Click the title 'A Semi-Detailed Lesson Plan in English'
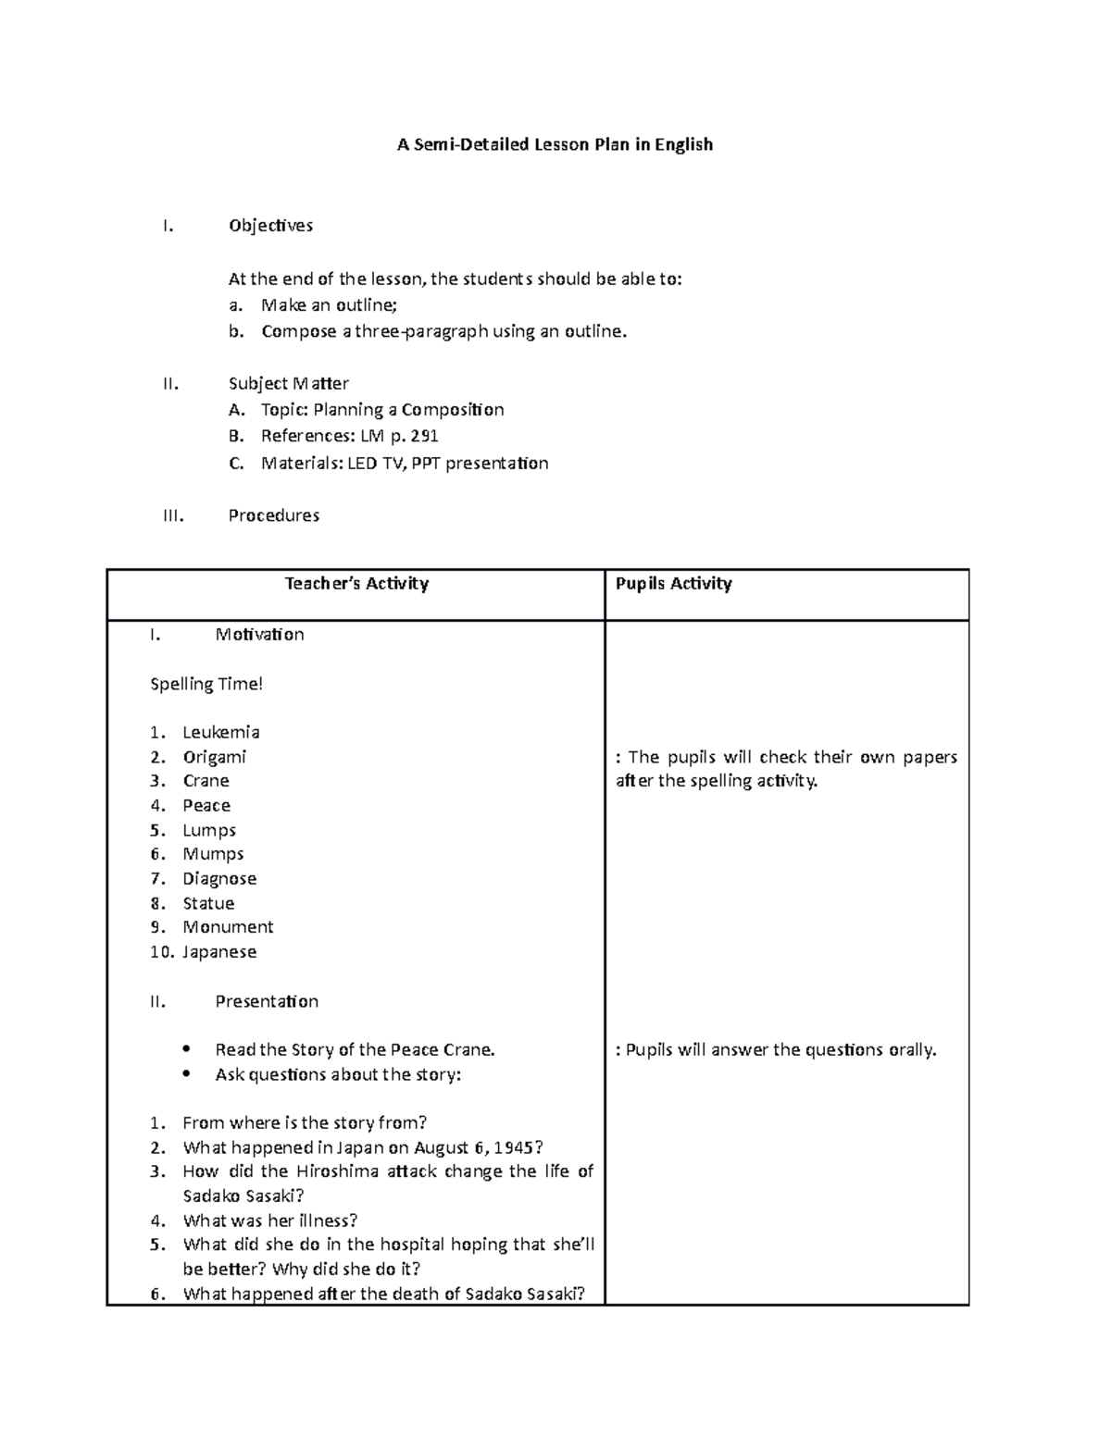pos(555,144)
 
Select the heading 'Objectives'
pos(270,226)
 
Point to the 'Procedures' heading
pos(273,515)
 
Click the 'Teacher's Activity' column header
pos(356,583)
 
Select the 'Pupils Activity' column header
pos(673,583)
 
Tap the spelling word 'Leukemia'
pos(220,732)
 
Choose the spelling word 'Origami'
pos(214,757)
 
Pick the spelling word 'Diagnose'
pos(219,878)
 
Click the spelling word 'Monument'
pos(228,927)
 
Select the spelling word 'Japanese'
pos(219,951)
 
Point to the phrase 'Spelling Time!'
pos(206,684)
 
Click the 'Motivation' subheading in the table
pos(259,634)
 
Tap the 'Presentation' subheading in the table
pos(267,1001)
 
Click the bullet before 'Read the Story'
pos(189,1049)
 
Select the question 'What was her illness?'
pos(269,1220)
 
